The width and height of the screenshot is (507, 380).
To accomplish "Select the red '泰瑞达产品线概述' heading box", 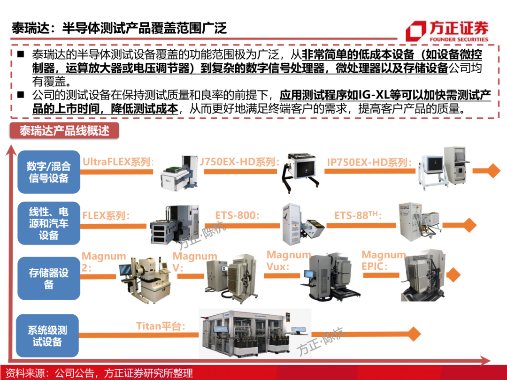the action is tap(64, 130).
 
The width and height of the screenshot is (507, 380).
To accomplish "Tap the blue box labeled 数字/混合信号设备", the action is tap(49, 172).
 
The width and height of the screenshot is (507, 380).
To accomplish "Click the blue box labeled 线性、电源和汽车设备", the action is tap(49, 223).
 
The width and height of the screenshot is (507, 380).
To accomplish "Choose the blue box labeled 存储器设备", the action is tap(49, 278).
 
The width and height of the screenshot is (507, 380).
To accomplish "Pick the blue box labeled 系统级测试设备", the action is tap(47, 336).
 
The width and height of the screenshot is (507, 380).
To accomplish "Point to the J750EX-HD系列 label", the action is tap(239, 161).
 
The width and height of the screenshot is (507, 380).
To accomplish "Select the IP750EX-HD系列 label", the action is tap(369, 162).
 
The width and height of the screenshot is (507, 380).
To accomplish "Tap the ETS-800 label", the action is tap(238, 215).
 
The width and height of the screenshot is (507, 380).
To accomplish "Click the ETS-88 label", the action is tap(358, 215).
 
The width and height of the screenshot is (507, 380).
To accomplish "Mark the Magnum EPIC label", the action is tap(384, 260).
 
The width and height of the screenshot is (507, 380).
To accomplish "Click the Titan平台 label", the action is tap(161, 326).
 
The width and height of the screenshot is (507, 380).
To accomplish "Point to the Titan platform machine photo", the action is tap(255, 333).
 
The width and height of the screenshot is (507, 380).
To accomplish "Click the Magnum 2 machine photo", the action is tap(146, 280).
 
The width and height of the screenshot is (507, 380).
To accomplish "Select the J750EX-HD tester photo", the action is tap(300, 173).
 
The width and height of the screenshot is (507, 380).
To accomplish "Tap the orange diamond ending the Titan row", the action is tap(413, 334).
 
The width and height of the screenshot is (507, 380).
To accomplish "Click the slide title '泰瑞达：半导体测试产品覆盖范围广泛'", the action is tap(119, 28).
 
